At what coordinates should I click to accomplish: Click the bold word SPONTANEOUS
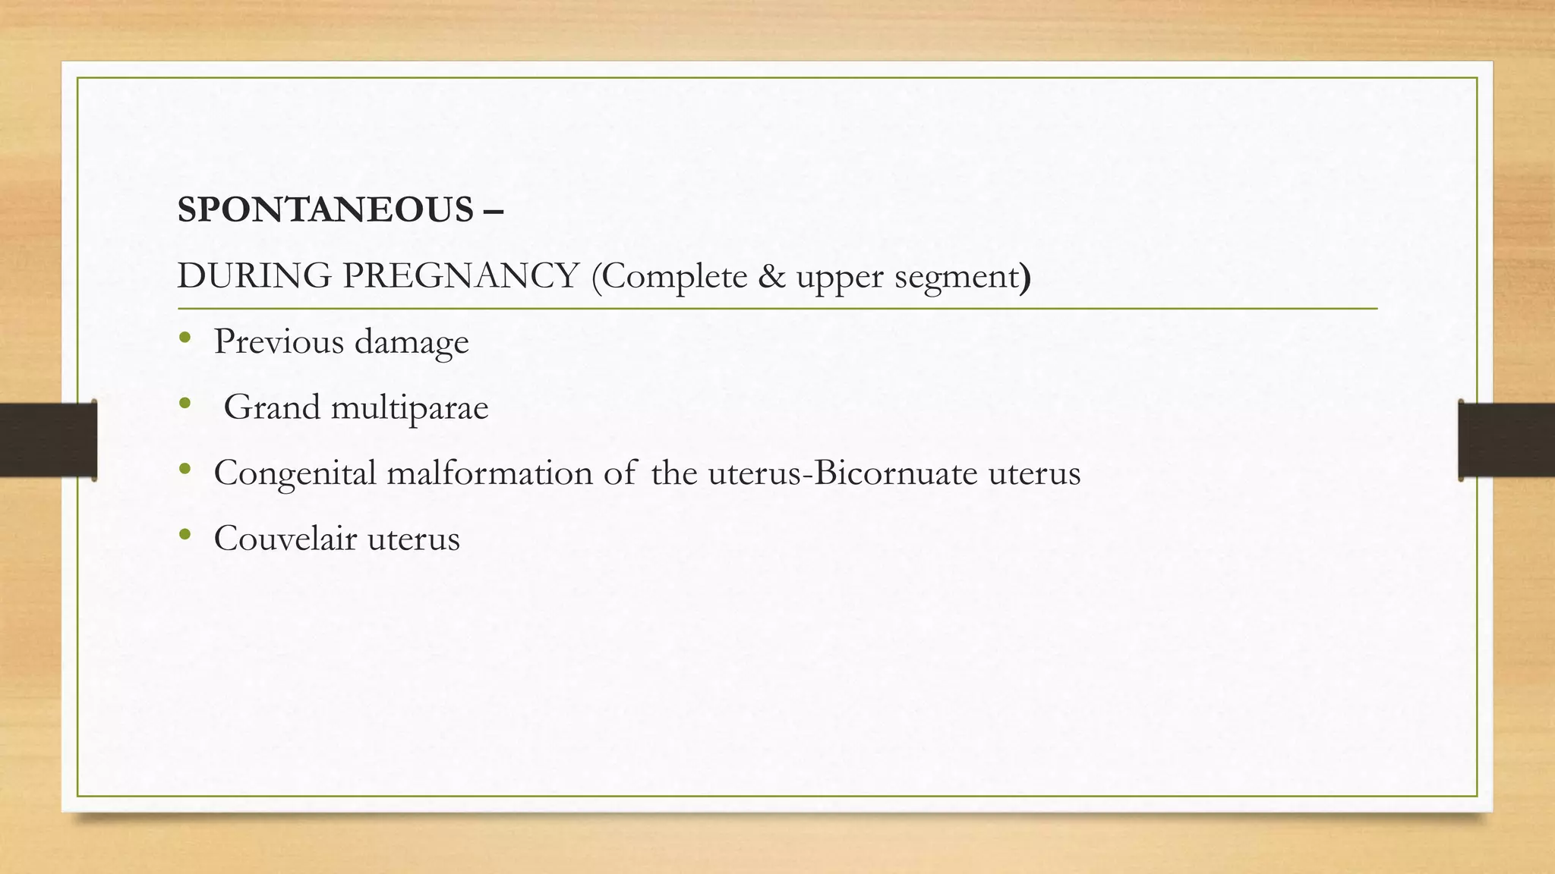click(x=325, y=210)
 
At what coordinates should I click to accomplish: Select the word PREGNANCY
click(x=461, y=276)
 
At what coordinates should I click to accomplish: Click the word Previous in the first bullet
click(x=279, y=342)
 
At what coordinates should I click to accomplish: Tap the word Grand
click(x=272, y=407)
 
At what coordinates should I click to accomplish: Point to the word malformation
click(x=490, y=473)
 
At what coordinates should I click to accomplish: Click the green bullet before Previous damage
click(x=185, y=338)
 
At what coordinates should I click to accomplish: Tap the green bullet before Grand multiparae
click(x=185, y=404)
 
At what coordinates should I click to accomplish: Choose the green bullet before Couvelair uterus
click(x=185, y=536)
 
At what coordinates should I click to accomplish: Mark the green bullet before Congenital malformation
click(x=185, y=470)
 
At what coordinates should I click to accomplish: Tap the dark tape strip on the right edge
click(x=1506, y=440)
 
